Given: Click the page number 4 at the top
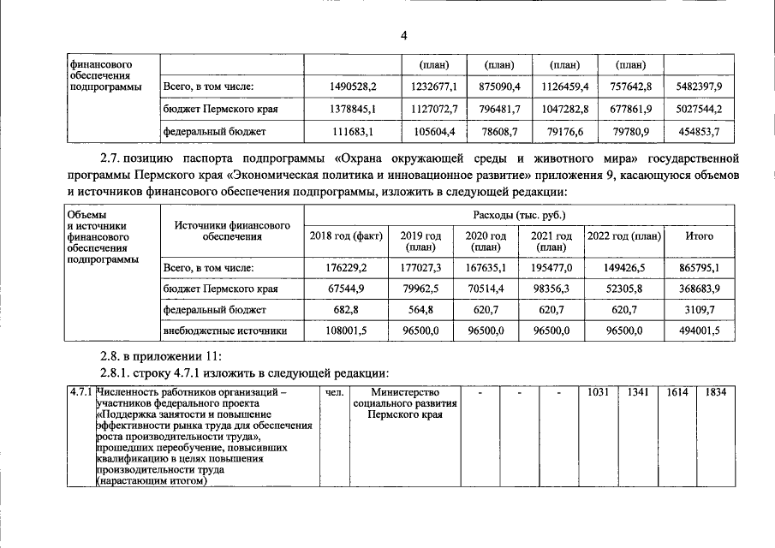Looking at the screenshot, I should (x=403, y=34).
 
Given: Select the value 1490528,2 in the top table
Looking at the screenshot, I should (x=353, y=87).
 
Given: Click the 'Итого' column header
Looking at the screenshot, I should (x=700, y=235).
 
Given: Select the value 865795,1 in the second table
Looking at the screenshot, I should (x=699, y=268).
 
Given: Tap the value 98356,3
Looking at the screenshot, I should (x=551, y=289).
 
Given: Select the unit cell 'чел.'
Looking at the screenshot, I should (x=335, y=393).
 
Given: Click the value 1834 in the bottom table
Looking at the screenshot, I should (x=710, y=392).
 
